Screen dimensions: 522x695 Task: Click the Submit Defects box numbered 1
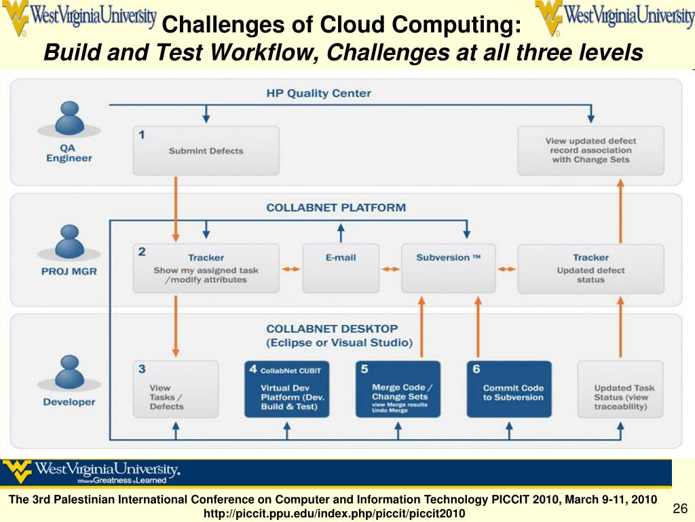click(x=206, y=150)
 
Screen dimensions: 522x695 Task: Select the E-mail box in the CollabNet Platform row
click(x=340, y=268)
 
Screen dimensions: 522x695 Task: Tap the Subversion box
click(x=448, y=268)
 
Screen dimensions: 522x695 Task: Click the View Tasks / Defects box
click(x=176, y=389)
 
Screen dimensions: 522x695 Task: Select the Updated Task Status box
click(x=621, y=389)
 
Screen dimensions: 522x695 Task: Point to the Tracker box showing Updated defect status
click(x=590, y=268)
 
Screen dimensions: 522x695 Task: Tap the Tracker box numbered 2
click(x=206, y=268)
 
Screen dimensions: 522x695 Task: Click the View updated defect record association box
click(x=590, y=150)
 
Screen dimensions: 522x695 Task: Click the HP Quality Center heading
click(x=318, y=93)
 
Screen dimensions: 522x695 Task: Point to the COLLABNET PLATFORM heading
click(x=336, y=207)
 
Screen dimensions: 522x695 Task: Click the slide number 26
click(x=680, y=509)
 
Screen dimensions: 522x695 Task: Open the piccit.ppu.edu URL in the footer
click(x=335, y=513)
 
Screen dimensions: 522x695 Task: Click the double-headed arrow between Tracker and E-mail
click(x=290, y=269)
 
